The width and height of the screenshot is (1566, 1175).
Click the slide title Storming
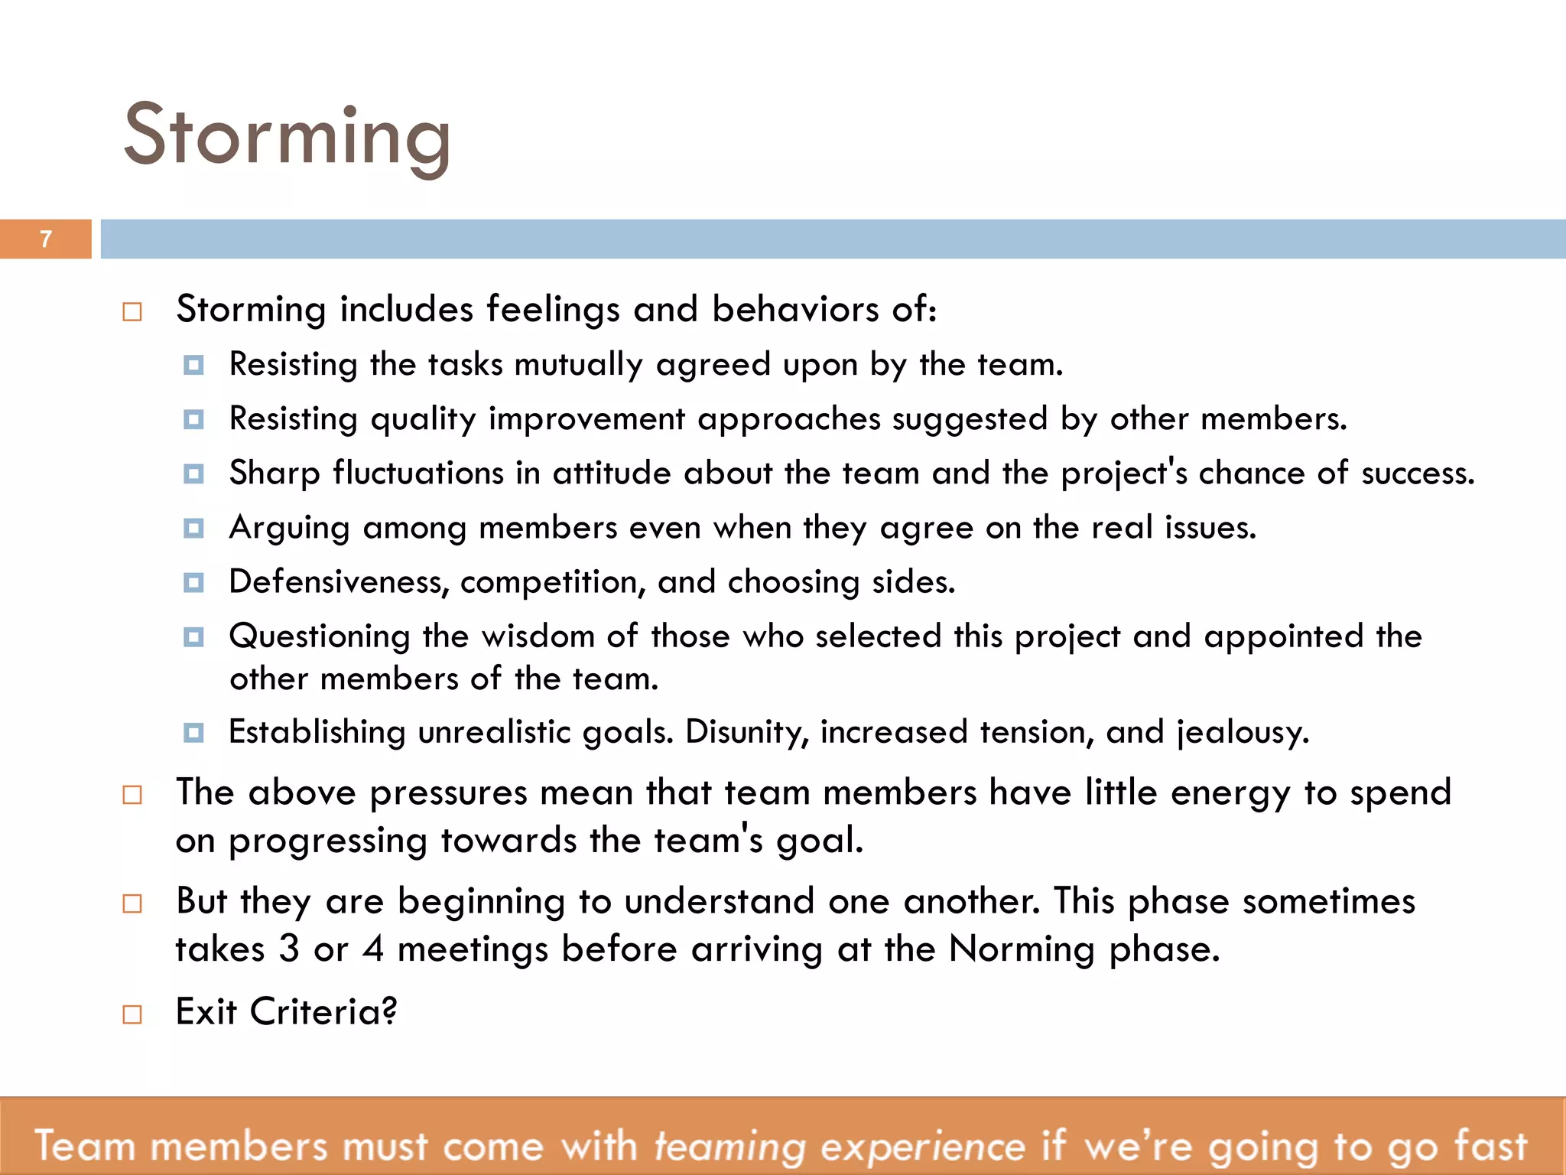tap(287, 136)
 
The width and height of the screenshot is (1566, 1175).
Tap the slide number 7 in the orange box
tap(46, 239)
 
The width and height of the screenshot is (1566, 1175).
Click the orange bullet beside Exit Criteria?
tap(132, 1014)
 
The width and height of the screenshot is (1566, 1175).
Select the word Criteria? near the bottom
tap(323, 1012)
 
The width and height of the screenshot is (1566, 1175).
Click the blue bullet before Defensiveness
tap(193, 583)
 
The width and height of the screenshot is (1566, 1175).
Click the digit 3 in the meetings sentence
tap(289, 949)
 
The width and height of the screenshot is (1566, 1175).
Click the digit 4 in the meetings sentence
tap(373, 949)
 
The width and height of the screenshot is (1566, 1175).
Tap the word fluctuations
tap(418, 474)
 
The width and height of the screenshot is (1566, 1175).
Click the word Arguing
tap(290, 529)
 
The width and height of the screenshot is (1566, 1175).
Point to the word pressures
tap(448, 793)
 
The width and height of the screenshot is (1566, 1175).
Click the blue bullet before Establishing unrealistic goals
tap(193, 733)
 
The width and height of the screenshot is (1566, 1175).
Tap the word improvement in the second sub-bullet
tap(586, 420)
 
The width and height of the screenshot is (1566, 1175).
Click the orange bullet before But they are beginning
tap(132, 903)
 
